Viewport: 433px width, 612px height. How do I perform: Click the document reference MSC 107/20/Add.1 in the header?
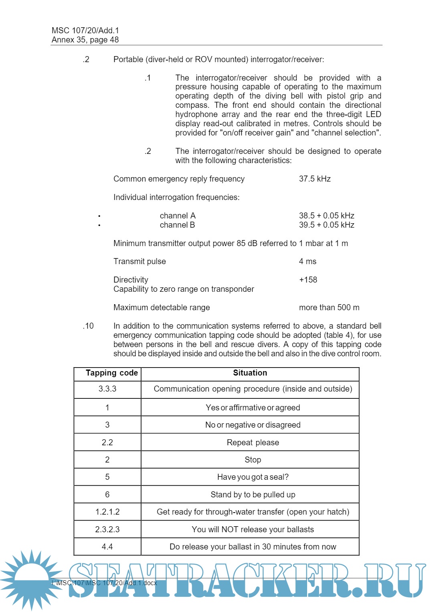click(x=85, y=30)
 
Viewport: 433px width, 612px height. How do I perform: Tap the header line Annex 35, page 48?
click(x=85, y=40)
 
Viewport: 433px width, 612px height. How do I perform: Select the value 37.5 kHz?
click(x=315, y=179)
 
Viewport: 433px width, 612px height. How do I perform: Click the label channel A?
click(x=177, y=216)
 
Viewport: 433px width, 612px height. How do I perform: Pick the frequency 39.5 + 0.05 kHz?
click(x=326, y=225)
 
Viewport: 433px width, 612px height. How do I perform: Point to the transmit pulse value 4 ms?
click(x=308, y=261)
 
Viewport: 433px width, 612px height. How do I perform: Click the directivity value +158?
click(x=308, y=280)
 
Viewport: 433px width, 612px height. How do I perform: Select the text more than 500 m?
click(x=329, y=307)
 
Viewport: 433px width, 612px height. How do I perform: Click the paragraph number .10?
click(x=88, y=326)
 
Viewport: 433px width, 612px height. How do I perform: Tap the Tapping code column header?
click(x=111, y=373)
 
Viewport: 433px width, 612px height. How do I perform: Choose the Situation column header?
click(x=250, y=373)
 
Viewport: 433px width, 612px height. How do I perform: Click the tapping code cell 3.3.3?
click(x=107, y=389)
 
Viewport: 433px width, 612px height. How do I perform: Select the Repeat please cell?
click(x=253, y=442)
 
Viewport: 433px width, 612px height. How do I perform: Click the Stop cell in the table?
click(x=253, y=460)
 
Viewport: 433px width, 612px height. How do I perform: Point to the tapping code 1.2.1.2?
click(x=107, y=512)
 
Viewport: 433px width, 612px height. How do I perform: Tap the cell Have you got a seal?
click(x=253, y=477)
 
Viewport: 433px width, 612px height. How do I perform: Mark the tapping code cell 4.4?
click(x=107, y=547)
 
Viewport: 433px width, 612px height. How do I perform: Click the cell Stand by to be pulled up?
click(x=253, y=495)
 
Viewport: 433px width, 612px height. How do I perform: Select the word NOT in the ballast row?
click(x=230, y=529)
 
